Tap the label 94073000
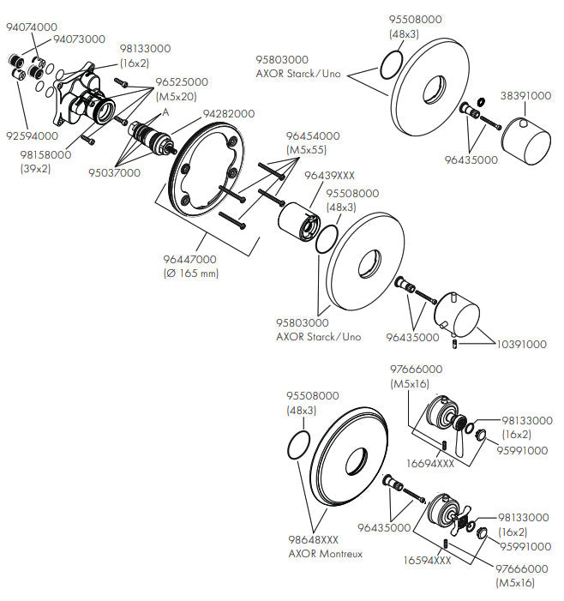coord(79,39)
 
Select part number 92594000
coord(32,135)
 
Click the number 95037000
coord(114,173)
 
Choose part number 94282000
coord(228,114)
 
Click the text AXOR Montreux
coord(325,554)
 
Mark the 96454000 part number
coord(313,135)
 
